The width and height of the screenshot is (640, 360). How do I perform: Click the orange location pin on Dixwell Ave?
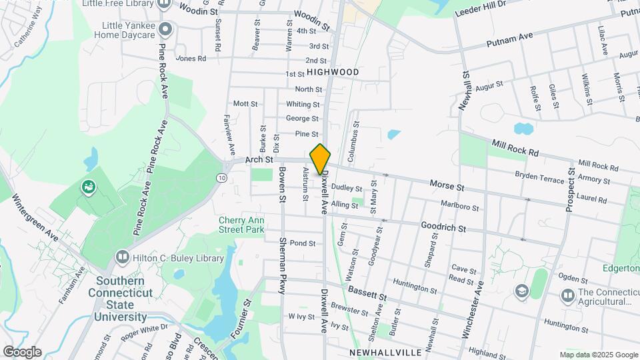pyautogui.click(x=320, y=159)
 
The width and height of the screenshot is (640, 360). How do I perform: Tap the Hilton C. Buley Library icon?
pyautogui.click(x=122, y=257)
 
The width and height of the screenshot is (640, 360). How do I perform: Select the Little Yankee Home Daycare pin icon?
pyautogui.click(x=165, y=29)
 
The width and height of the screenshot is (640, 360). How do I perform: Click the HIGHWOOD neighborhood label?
pyautogui.click(x=333, y=72)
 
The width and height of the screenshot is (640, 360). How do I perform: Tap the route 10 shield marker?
pyautogui.click(x=220, y=178)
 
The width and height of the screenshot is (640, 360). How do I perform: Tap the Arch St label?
pyautogui.click(x=259, y=160)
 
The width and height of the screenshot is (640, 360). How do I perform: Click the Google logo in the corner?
pyautogui.click(x=21, y=351)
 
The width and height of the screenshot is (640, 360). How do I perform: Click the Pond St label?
pyautogui.click(x=302, y=243)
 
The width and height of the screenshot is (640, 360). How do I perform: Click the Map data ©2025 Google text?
pyautogui.click(x=598, y=355)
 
